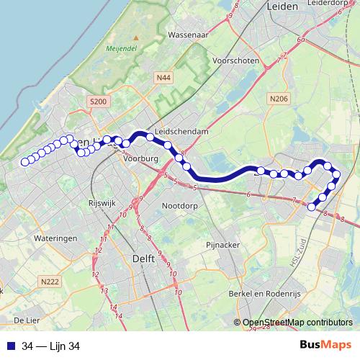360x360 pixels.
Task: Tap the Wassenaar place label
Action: (188, 35)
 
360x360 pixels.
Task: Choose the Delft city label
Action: (143, 257)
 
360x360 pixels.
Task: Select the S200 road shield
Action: (99, 102)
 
